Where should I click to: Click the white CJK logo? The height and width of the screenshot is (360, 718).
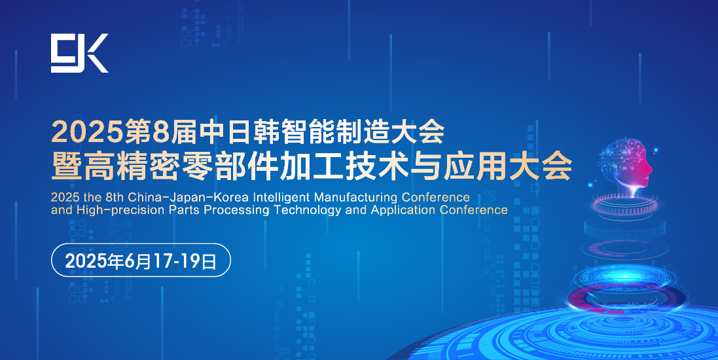[79, 53]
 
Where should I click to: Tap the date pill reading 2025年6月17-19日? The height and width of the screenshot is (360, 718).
[141, 260]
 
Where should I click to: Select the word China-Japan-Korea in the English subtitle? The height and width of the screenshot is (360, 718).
[188, 198]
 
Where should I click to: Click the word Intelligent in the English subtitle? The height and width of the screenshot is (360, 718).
[281, 198]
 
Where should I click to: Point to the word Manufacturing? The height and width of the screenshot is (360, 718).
[356, 198]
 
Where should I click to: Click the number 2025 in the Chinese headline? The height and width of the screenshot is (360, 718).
[87, 132]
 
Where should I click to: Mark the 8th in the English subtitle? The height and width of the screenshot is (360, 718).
[115, 198]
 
